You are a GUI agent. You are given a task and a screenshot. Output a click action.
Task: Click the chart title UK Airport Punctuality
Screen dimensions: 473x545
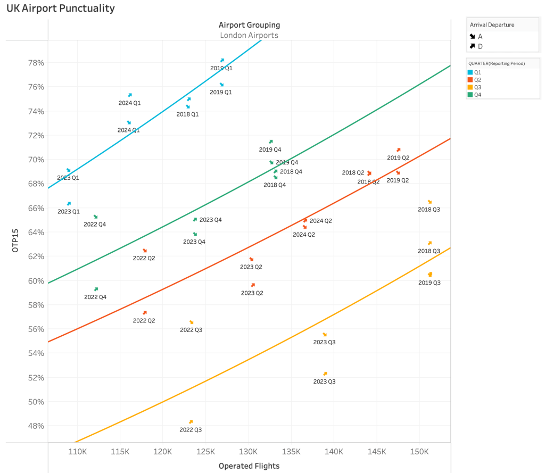tap(60, 9)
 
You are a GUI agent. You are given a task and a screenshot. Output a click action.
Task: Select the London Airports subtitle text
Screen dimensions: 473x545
tap(249, 35)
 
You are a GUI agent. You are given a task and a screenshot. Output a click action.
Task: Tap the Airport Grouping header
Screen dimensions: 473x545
tap(249, 25)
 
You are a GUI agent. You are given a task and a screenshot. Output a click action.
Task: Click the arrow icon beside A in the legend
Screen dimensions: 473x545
tap(472, 37)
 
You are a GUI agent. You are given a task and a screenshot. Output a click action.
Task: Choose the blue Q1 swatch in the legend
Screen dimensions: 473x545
tap(470, 72)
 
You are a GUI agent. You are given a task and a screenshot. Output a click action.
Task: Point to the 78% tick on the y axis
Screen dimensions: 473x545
tap(36, 62)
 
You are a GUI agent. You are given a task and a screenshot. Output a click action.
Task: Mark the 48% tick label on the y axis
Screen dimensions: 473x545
tap(36, 426)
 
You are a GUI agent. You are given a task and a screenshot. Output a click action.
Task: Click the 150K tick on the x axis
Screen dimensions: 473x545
tap(419, 452)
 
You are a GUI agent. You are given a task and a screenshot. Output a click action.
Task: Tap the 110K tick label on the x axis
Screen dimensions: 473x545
tap(78, 452)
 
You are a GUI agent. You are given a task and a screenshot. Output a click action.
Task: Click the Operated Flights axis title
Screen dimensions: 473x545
tap(249, 466)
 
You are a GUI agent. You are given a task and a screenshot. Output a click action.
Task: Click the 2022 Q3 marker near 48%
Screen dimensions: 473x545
tap(191, 422)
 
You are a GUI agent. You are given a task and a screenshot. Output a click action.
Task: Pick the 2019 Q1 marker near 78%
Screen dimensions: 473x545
tap(222, 61)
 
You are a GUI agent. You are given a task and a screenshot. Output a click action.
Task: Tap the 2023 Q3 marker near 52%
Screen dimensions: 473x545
tap(325, 374)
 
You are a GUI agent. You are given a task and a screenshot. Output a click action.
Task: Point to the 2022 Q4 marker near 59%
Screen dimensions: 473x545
tap(96, 289)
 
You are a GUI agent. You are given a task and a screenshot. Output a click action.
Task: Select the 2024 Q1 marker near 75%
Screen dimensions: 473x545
tap(129, 95)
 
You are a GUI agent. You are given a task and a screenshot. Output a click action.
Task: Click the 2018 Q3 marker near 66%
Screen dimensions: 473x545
tap(430, 202)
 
